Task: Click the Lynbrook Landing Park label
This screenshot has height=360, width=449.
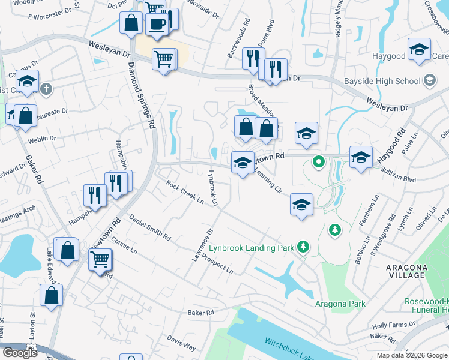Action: click(253, 247)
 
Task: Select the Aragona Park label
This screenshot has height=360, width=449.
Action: click(340, 304)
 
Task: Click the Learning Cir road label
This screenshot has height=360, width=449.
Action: click(268, 181)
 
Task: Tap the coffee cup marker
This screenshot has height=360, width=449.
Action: click(158, 25)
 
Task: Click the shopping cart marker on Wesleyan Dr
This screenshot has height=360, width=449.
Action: click(163, 59)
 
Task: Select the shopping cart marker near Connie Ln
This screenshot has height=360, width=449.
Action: click(100, 260)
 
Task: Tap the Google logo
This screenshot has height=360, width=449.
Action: click(20, 353)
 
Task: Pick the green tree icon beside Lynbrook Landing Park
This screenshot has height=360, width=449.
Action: click(304, 247)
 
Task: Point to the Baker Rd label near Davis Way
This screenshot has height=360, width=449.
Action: click(200, 313)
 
